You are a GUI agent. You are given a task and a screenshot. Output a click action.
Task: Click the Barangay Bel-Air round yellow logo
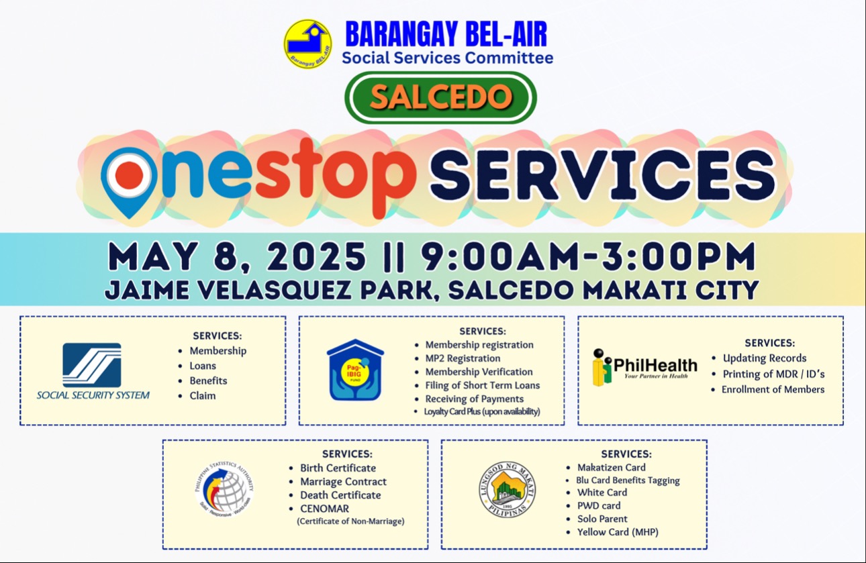pyautogui.click(x=307, y=44)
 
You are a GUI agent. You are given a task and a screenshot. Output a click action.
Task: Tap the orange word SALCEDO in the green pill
pyautogui.click(x=441, y=97)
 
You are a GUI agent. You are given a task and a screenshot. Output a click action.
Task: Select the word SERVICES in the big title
pyautogui.click(x=602, y=175)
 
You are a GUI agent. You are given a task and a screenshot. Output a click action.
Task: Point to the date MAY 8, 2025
pyautogui.click(x=237, y=256)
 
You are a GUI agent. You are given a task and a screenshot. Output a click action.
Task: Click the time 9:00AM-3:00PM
pyautogui.click(x=589, y=256)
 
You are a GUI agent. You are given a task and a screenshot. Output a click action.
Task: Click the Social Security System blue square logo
pyautogui.click(x=92, y=365)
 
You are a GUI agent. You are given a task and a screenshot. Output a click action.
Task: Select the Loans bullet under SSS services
pyautogui.click(x=203, y=366)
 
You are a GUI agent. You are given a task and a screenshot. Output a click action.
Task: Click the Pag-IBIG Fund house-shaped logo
pyautogui.click(x=355, y=370)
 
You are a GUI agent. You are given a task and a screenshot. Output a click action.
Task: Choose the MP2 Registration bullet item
pyautogui.click(x=463, y=358)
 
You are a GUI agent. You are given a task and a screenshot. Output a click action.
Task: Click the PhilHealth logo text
pyautogui.click(x=656, y=366)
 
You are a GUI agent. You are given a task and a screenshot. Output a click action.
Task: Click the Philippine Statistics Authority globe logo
pyautogui.click(x=225, y=490)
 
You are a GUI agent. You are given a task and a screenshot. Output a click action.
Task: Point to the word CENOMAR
pyautogui.click(x=324, y=509)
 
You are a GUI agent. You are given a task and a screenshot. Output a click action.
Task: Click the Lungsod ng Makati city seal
pyautogui.click(x=508, y=490)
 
